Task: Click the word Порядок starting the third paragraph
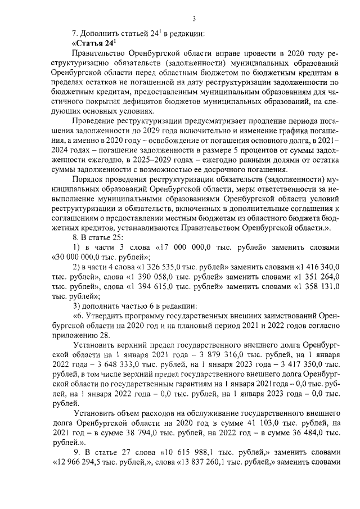tap(91, 179)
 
